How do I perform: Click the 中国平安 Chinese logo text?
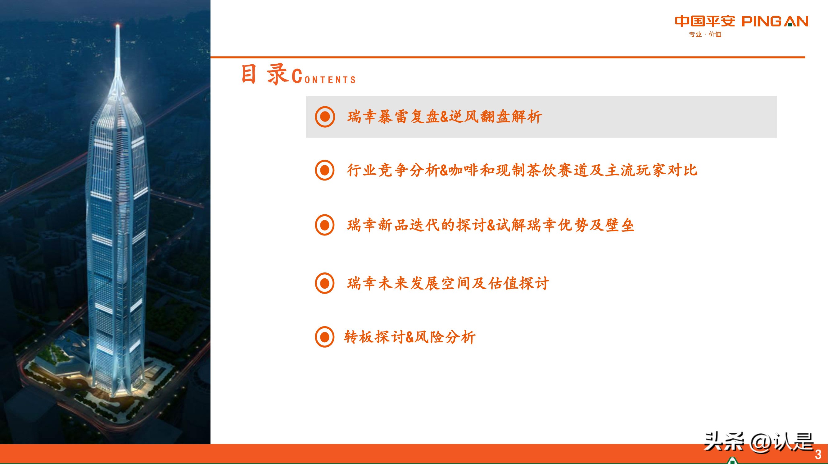point(704,21)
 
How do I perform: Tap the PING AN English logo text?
point(775,21)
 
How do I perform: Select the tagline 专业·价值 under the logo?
point(705,34)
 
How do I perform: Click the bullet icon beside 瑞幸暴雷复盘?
point(325,117)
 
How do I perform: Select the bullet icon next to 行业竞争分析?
point(325,170)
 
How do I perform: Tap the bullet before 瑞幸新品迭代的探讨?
point(325,225)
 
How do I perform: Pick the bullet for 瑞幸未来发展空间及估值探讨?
point(325,283)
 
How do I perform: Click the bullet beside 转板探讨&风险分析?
point(325,337)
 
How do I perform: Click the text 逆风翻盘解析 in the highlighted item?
point(495,117)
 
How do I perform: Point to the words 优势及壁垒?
point(596,225)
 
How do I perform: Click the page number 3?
point(818,455)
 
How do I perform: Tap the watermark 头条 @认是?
point(758,442)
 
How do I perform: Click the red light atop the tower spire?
point(118,25)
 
